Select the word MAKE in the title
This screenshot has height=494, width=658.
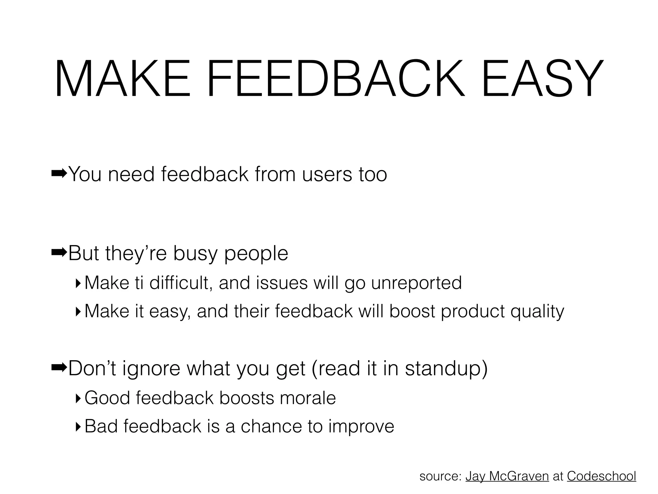pyautogui.click(x=122, y=79)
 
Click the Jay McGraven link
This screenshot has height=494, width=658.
pyautogui.click(x=507, y=476)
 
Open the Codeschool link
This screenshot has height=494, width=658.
pyautogui.click(x=601, y=476)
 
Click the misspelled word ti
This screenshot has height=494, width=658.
pyautogui.click(x=139, y=283)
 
